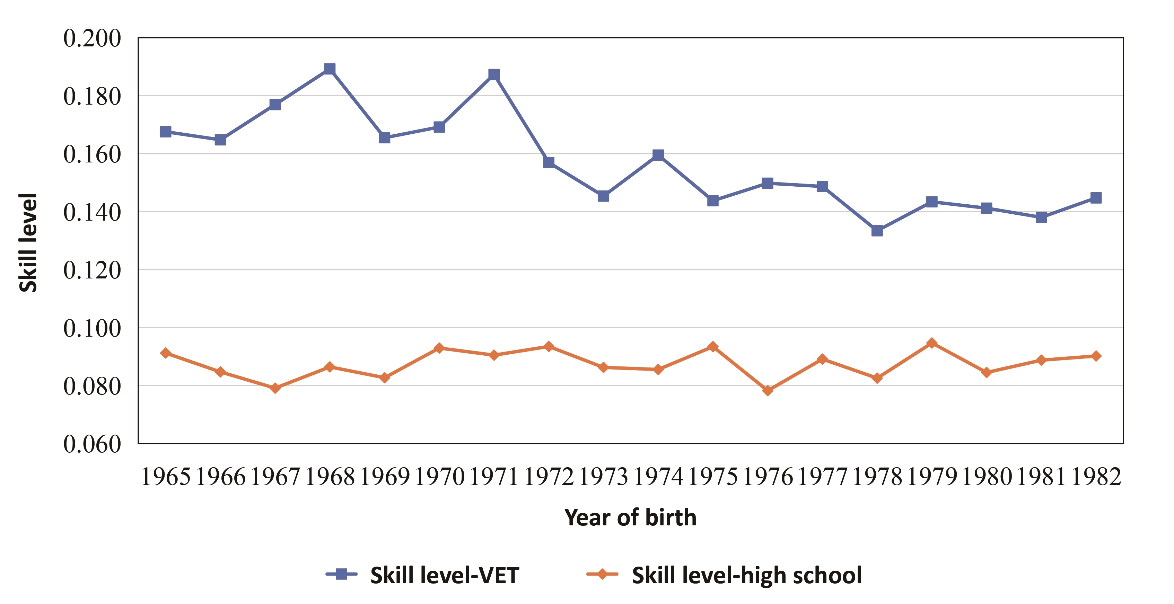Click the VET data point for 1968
coord(330,69)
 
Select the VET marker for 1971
coord(493,74)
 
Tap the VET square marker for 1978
coord(877,231)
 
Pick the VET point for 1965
coord(165,132)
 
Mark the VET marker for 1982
coord(1096,198)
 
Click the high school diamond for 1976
coord(768,390)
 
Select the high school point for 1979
coord(931,343)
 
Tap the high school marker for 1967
coord(275,388)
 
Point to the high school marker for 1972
coord(549,347)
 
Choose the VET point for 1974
coord(658,155)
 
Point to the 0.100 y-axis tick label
coord(92,328)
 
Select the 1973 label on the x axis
coord(603,477)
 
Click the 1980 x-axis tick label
coord(986,477)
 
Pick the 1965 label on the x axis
coord(165,477)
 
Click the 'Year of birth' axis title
coord(630,518)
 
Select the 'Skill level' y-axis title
coord(28,242)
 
